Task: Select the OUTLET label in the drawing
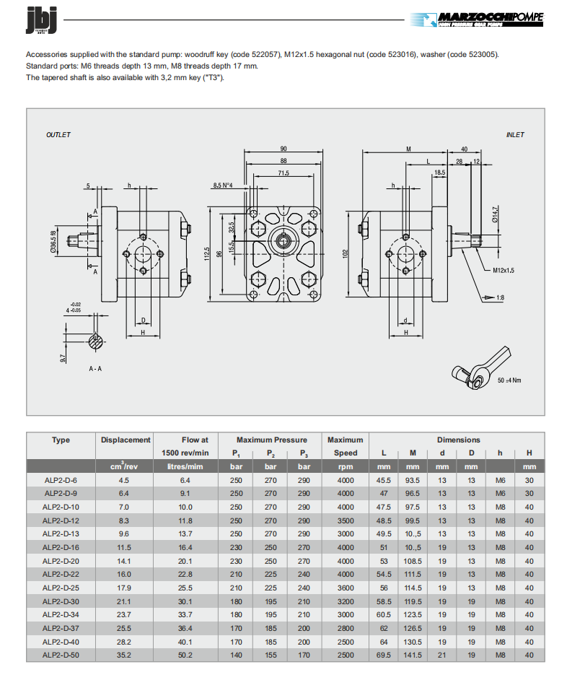pos(58,135)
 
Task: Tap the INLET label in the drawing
pos(515,135)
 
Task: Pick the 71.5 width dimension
pos(283,173)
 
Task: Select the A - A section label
pos(95,368)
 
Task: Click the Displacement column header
pos(126,440)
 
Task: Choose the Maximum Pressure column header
pos(271,440)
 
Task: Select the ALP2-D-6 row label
pos(61,480)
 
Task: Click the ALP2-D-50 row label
pos(61,655)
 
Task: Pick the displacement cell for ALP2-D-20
pos(125,561)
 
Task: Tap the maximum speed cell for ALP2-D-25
pos(345,588)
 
